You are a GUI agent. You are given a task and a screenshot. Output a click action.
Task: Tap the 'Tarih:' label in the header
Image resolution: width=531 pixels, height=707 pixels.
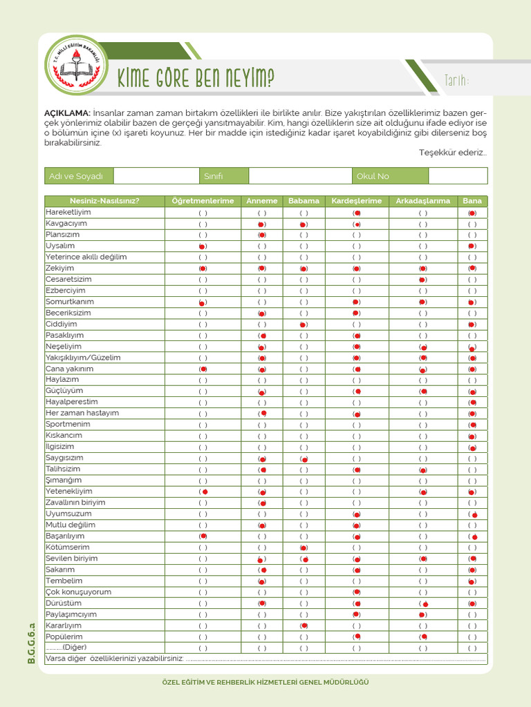(456, 82)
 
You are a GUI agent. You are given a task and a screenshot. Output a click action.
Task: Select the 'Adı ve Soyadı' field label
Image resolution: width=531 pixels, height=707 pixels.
(76, 176)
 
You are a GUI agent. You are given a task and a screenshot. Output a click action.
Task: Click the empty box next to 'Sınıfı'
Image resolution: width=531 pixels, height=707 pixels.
(300, 176)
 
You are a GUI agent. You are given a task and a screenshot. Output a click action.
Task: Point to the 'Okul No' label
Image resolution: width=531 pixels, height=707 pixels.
(373, 176)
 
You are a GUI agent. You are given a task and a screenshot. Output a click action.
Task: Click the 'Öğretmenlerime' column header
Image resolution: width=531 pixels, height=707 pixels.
(203, 201)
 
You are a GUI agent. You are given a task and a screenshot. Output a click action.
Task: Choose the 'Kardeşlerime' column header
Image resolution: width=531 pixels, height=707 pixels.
(357, 201)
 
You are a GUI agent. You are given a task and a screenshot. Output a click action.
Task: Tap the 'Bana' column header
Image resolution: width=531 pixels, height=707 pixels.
(472, 201)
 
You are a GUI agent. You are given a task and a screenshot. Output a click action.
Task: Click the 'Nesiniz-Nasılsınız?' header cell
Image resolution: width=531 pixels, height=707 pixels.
(104, 201)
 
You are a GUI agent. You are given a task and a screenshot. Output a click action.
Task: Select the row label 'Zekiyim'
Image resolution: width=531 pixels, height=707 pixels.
(60, 268)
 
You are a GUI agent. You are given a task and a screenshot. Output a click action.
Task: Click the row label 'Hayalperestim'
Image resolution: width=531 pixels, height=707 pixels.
(72, 402)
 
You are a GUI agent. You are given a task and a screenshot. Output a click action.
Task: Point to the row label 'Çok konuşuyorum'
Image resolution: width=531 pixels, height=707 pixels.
(78, 592)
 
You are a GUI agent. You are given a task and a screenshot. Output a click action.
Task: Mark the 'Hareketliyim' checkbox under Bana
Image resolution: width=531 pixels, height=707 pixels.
(472, 213)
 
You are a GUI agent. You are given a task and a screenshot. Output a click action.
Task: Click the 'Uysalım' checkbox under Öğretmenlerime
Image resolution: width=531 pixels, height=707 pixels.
(203, 246)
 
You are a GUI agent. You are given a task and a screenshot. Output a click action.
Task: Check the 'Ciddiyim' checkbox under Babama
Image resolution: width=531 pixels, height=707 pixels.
(304, 325)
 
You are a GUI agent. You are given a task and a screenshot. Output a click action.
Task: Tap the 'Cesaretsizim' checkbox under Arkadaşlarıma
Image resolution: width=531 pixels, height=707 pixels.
(422, 280)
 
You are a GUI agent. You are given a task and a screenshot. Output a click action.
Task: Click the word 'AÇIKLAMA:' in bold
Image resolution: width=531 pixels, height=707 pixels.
(67, 113)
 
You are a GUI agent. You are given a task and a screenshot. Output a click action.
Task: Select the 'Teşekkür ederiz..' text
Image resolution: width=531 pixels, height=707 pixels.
(453, 153)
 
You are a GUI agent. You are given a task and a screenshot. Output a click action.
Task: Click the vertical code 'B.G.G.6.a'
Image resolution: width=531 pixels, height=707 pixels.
(31, 642)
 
